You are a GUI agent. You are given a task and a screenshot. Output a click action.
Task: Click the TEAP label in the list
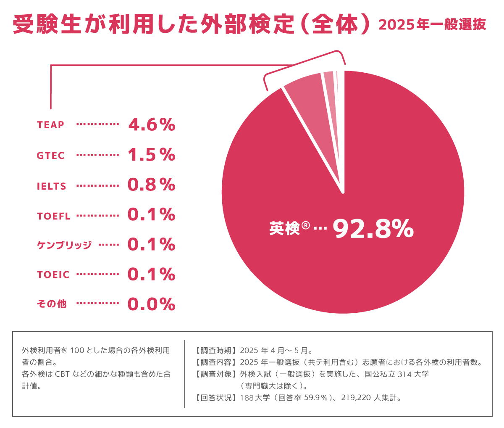50,125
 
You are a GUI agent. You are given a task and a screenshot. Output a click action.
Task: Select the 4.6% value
151,124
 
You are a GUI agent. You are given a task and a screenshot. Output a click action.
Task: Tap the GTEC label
51,156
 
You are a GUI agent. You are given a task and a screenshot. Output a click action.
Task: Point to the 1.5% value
151,155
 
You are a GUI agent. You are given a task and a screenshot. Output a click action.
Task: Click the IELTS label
52,186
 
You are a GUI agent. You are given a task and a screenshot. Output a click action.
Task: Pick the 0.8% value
151,185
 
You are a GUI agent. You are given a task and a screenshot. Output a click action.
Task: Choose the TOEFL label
54,216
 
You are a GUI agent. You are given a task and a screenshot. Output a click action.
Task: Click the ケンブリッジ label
64,245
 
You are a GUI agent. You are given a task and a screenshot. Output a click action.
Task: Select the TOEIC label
53,275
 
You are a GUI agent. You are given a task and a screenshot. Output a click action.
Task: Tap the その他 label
52,304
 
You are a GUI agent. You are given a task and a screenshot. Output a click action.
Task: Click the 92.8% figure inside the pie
373,229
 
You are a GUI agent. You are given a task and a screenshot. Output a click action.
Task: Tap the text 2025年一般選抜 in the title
432,24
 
